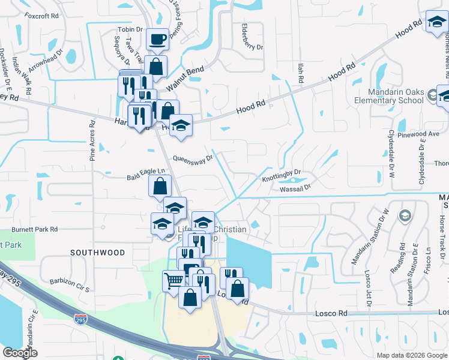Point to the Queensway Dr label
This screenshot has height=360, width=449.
point(193,159)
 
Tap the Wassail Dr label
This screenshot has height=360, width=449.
point(295,188)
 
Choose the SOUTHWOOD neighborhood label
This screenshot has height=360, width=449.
point(98,253)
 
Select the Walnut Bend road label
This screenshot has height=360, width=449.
point(185,79)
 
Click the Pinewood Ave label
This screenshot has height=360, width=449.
point(421,134)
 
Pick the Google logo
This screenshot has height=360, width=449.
point(20,353)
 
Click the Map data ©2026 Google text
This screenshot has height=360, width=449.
point(411,355)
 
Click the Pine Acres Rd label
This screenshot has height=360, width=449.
point(92,142)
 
